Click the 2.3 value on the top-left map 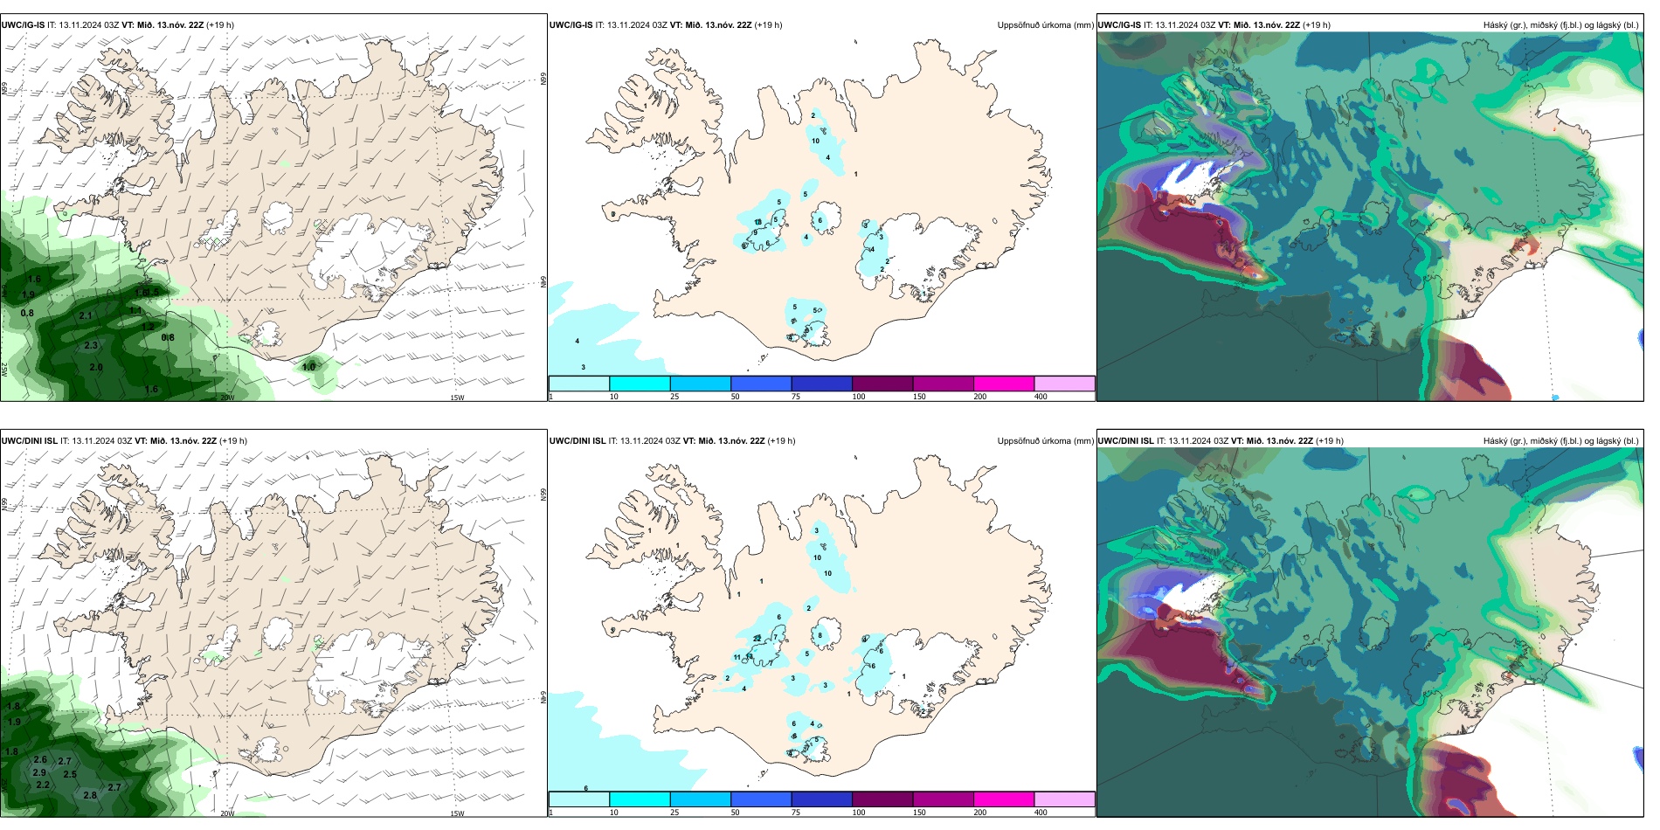tap(91, 346)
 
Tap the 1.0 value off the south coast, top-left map tap(308, 367)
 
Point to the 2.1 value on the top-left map tap(86, 316)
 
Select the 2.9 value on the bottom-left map tap(39, 773)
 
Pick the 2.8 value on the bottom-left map tap(90, 796)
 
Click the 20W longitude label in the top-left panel tap(227, 398)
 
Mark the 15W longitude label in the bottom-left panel tap(456, 813)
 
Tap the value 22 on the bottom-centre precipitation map tap(757, 639)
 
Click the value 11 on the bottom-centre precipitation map tap(737, 657)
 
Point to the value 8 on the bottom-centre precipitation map tap(820, 636)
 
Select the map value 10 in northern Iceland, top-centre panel tap(815, 141)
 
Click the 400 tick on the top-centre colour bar tap(1041, 397)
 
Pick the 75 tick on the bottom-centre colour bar tap(795, 813)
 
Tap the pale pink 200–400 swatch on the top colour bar tap(1064, 384)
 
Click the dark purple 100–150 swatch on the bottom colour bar tap(882, 799)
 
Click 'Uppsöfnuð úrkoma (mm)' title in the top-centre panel tap(1045, 25)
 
